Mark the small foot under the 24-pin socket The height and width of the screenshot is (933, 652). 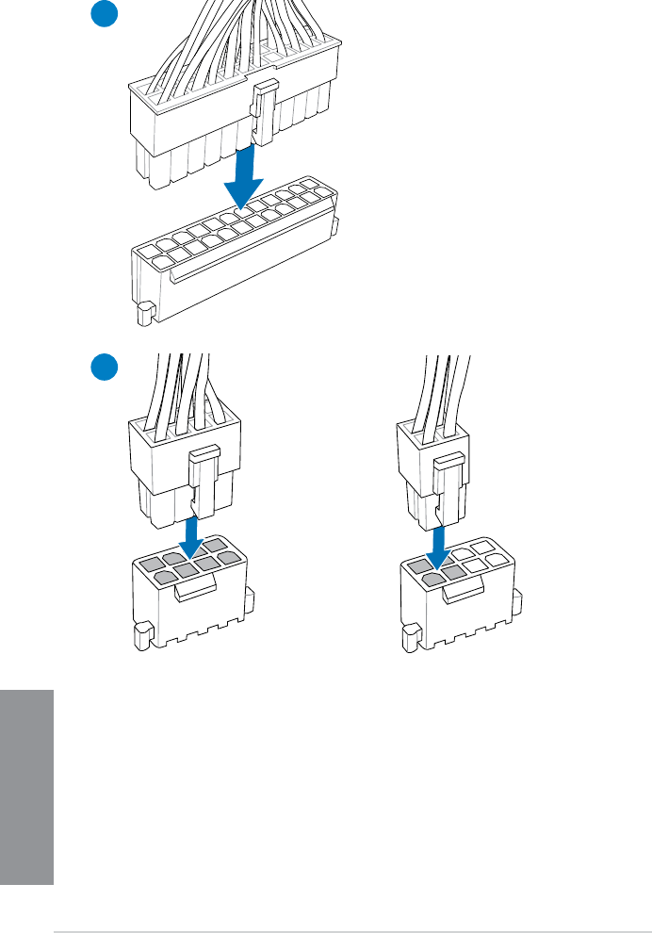click(x=144, y=314)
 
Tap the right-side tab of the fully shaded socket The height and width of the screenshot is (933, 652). click(x=249, y=597)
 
